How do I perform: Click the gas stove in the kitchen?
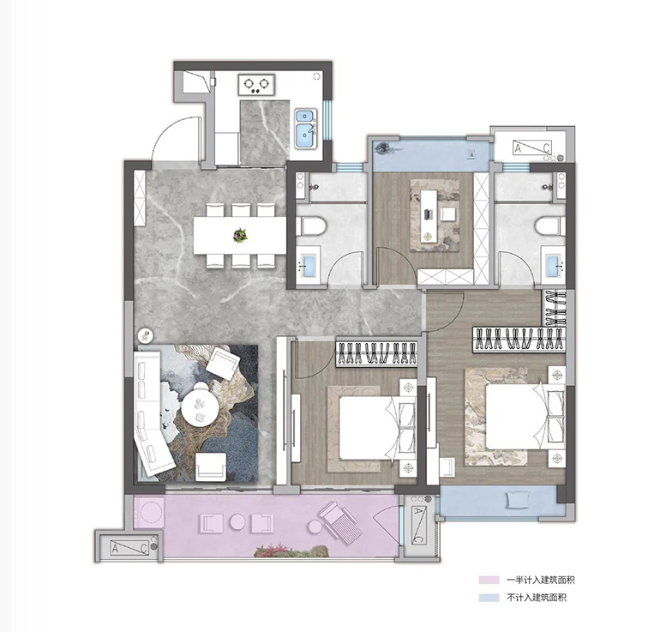[256, 85]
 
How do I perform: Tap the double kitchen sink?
[306, 129]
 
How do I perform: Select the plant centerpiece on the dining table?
[240, 235]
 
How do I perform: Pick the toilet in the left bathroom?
[311, 226]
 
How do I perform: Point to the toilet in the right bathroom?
[550, 226]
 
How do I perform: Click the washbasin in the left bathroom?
[309, 265]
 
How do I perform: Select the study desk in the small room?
[429, 217]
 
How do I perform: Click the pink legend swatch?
[489, 580]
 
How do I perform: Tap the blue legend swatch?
[489, 597]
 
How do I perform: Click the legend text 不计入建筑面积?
[537, 597]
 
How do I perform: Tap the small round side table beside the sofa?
[146, 335]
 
